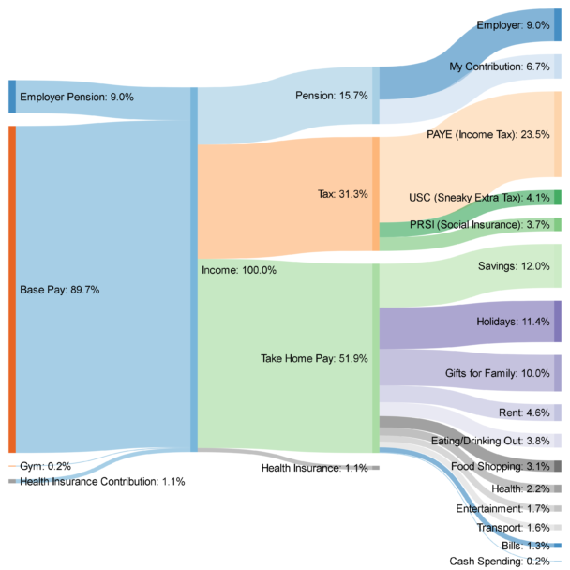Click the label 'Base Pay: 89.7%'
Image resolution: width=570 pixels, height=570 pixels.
59,290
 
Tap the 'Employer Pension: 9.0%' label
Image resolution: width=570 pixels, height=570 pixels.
77,97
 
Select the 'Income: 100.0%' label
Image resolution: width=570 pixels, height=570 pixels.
239,270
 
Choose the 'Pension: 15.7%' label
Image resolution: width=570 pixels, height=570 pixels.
333,96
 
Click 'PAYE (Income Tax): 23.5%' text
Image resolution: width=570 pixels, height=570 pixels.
487,134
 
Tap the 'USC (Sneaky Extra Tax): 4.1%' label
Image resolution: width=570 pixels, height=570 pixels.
479,198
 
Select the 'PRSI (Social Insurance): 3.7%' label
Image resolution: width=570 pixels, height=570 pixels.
479,225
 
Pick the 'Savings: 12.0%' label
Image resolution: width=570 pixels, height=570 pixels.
514,266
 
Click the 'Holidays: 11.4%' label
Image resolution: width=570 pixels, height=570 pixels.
512,322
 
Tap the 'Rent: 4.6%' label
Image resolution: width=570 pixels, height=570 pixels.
524,412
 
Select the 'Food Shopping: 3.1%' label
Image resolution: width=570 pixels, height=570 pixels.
500,466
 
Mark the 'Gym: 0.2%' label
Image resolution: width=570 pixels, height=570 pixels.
43,466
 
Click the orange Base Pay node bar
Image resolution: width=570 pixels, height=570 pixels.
12,290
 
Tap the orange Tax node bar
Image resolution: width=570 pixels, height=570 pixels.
376,194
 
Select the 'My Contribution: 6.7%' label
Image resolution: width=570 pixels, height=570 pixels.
499,67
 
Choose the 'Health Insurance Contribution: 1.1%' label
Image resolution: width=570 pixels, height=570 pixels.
102,481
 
